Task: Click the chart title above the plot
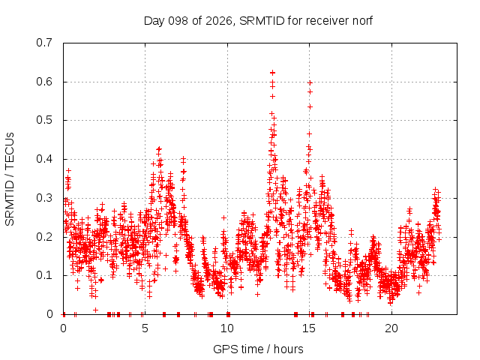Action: click(258, 21)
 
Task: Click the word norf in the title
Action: click(362, 21)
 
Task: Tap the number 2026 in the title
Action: click(218, 21)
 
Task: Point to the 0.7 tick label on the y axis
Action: click(44, 43)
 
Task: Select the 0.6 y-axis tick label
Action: click(44, 82)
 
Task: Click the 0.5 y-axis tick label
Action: click(44, 120)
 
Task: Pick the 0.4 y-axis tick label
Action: click(44, 159)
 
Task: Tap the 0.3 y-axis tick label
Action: click(44, 198)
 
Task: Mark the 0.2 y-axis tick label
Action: click(44, 237)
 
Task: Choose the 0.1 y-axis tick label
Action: click(44, 275)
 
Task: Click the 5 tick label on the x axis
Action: click(145, 328)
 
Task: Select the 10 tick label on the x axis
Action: click(227, 328)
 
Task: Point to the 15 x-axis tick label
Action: click(309, 328)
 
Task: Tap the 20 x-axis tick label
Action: click(391, 328)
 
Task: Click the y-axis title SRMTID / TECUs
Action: click(10, 179)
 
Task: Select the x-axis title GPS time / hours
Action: click(258, 349)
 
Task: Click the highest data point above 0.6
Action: click(272, 73)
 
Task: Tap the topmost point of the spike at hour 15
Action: click(310, 83)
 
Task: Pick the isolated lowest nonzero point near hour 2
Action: click(95, 310)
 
